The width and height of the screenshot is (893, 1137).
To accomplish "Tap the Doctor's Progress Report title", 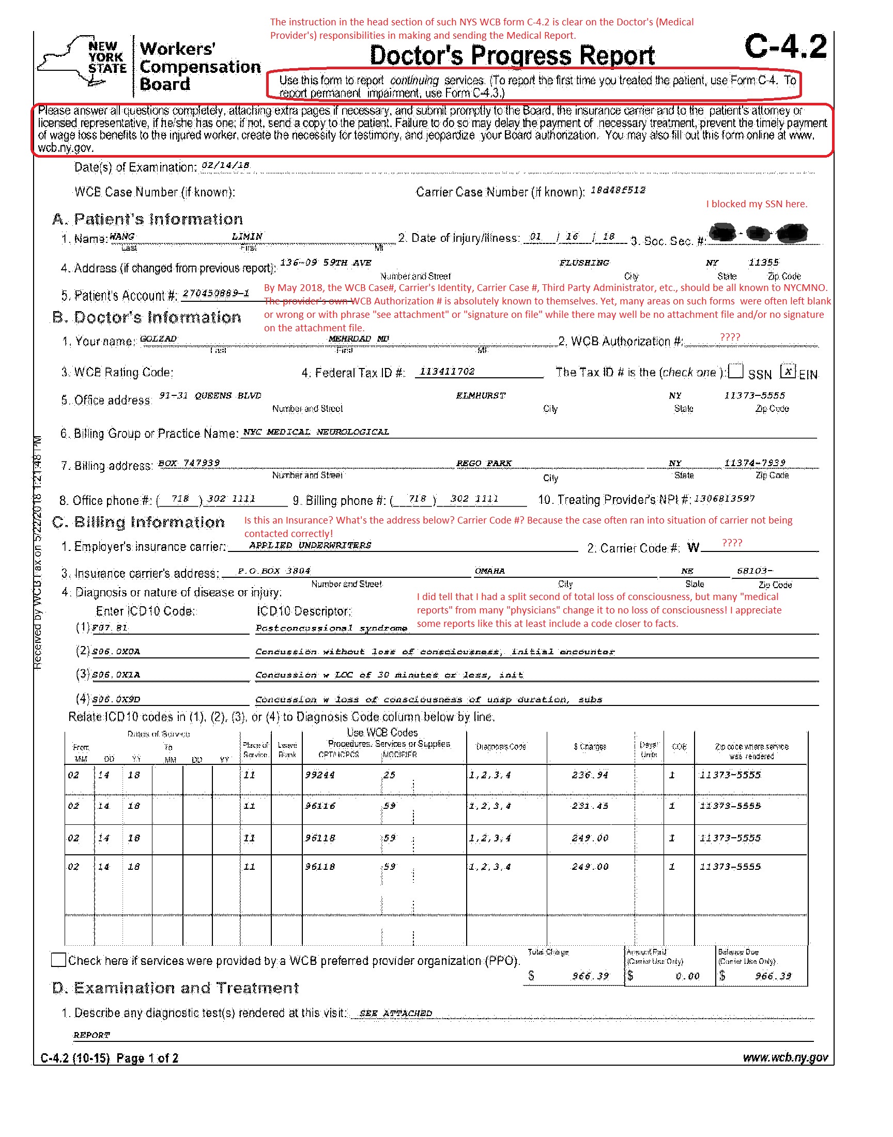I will tap(512, 55).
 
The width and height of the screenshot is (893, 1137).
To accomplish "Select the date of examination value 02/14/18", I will tap(226, 166).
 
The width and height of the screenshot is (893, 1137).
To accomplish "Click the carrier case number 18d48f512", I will tap(618, 190).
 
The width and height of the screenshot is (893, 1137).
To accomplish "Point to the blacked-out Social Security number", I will tap(758, 233).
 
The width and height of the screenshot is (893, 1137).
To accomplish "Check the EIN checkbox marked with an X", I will tap(788, 371).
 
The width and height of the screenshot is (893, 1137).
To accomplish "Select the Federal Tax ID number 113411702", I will tap(447, 372).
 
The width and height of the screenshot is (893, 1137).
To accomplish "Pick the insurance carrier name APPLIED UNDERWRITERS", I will tap(310, 545).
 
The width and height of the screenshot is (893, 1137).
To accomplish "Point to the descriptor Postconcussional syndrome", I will tap(331, 628).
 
